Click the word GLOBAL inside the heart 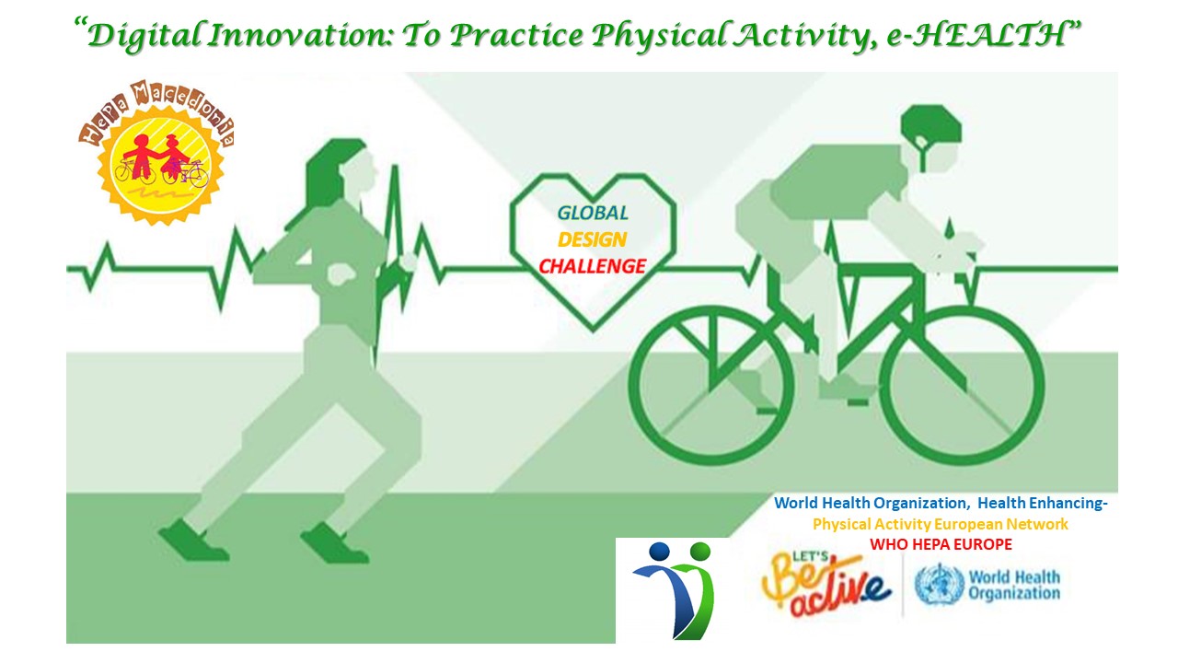(x=593, y=213)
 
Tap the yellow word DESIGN (x=592, y=240)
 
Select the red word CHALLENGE (x=592, y=267)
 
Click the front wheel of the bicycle (x=962, y=386)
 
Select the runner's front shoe (x=333, y=543)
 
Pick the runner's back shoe (x=193, y=540)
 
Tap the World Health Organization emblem (x=938, y=584)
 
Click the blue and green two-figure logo (x=676, y=590)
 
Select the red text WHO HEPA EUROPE (x=941, y=544)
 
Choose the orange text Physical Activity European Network (x=941, y=524)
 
